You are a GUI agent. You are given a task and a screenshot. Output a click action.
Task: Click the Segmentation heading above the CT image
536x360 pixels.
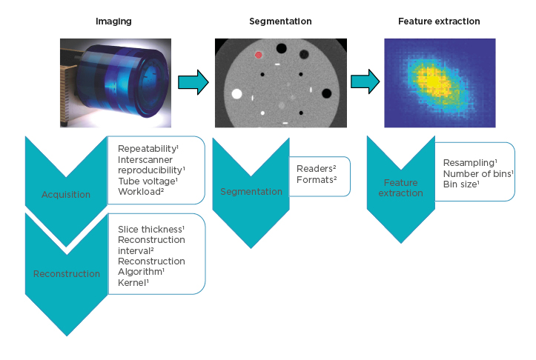click(x=280, y=21)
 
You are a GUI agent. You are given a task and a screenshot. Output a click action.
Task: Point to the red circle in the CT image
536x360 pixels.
click(x=258, y=54)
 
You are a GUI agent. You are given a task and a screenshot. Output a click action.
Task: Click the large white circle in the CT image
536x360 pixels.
click(x=237, y=94)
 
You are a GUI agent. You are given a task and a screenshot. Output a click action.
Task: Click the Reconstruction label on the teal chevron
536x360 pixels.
click(x=67, y=274)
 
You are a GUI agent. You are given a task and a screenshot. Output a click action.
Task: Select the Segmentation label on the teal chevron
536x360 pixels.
click(x=251, y=192)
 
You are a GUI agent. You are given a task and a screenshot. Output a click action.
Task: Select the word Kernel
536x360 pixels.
click(x=133, y=283)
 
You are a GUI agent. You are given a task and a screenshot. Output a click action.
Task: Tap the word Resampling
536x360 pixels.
click(x=470, y=163)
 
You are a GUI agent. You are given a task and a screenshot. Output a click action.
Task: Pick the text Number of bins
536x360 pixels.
click(x=477, y=174)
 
